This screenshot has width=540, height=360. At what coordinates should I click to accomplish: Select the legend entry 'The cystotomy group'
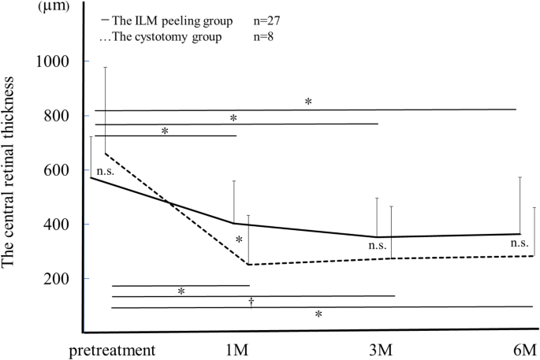[x=162, y=38]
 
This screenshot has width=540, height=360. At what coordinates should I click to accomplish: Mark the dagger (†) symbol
[x=251, y=301]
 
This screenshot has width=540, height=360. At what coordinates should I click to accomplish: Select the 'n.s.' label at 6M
[x=520, y=243]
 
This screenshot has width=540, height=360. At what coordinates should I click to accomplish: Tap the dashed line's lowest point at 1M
[x=248, y=265]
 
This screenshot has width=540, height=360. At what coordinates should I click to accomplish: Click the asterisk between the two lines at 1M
[x=239, y=239]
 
